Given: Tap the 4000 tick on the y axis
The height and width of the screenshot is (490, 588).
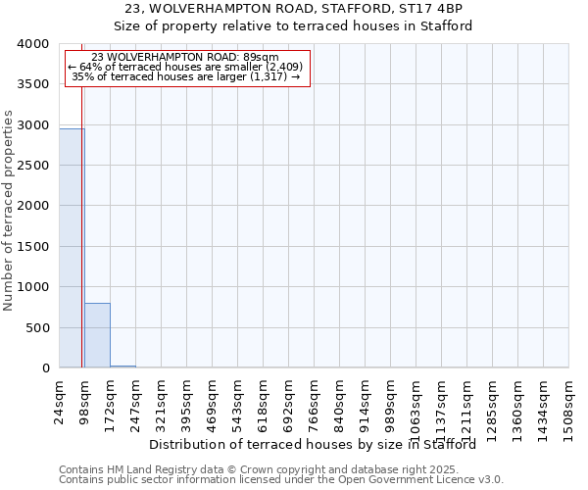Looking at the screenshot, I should click(x=32, y=44).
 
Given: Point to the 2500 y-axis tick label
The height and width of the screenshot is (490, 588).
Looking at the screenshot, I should click(x=32, y=166).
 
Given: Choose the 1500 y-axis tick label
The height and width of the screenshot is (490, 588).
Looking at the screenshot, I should click(x=32, y=247).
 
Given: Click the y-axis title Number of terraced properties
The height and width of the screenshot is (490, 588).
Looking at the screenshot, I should click(x=9, y=211).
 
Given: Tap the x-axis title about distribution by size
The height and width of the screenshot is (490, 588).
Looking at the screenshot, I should click(x=319, y=444).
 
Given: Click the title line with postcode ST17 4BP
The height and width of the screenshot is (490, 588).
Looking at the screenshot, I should click(x=294, y=8).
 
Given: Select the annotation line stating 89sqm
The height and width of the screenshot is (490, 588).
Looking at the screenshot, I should click(x=186, y=57).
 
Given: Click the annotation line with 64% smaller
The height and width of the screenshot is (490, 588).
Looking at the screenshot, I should click(x=186, y=67).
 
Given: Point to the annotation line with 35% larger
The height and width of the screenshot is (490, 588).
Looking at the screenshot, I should click(x=186, y=76).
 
